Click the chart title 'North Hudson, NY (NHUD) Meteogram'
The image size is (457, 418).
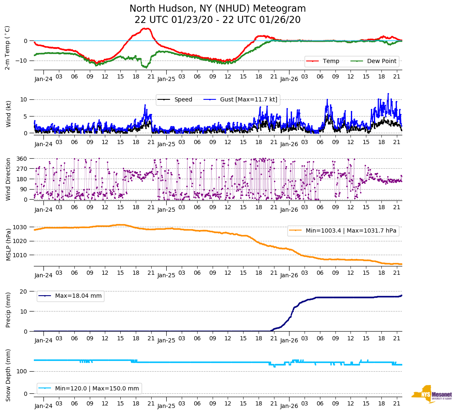click(x=217, y=9)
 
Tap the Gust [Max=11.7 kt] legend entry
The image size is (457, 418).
click(x=249, y=99)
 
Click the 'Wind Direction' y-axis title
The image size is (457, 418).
click(x=8, y=179)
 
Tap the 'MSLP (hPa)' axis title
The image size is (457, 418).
click(x=8, y=245)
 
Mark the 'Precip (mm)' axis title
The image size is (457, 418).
click(x=8, y=311)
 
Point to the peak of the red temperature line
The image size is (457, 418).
click(x=145, y=28)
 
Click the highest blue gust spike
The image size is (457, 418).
click(x=388, y=94)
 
